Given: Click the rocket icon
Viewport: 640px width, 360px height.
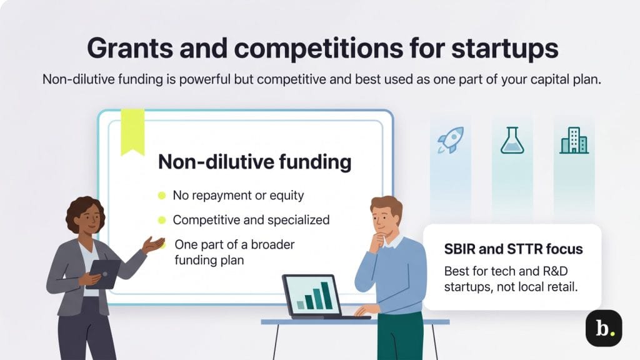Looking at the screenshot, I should point(450,141).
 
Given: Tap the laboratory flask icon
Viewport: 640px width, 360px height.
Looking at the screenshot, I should point(511,141).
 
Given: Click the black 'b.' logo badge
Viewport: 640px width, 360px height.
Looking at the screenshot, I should point(603,328).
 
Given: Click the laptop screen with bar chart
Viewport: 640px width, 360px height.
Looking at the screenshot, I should point(312,295).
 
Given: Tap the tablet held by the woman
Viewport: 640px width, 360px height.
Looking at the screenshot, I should point(104,273).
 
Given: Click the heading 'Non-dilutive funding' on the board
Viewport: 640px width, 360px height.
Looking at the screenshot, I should point(254,162).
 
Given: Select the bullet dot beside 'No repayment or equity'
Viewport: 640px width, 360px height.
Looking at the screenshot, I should point(162,196).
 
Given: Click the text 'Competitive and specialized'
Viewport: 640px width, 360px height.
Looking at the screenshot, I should point(251,220).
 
